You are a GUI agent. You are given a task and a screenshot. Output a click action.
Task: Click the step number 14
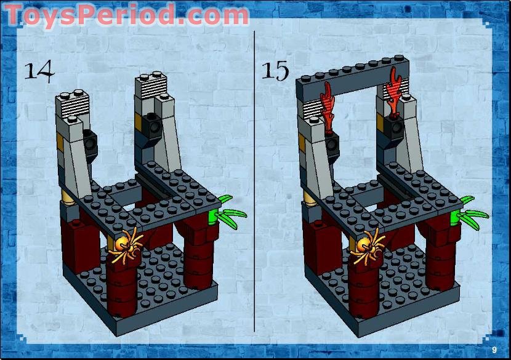tap(39, 71)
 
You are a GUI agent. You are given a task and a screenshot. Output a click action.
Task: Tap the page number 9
tap(494, 350)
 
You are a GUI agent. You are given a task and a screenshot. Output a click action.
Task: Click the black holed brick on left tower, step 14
tap(91, 143)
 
